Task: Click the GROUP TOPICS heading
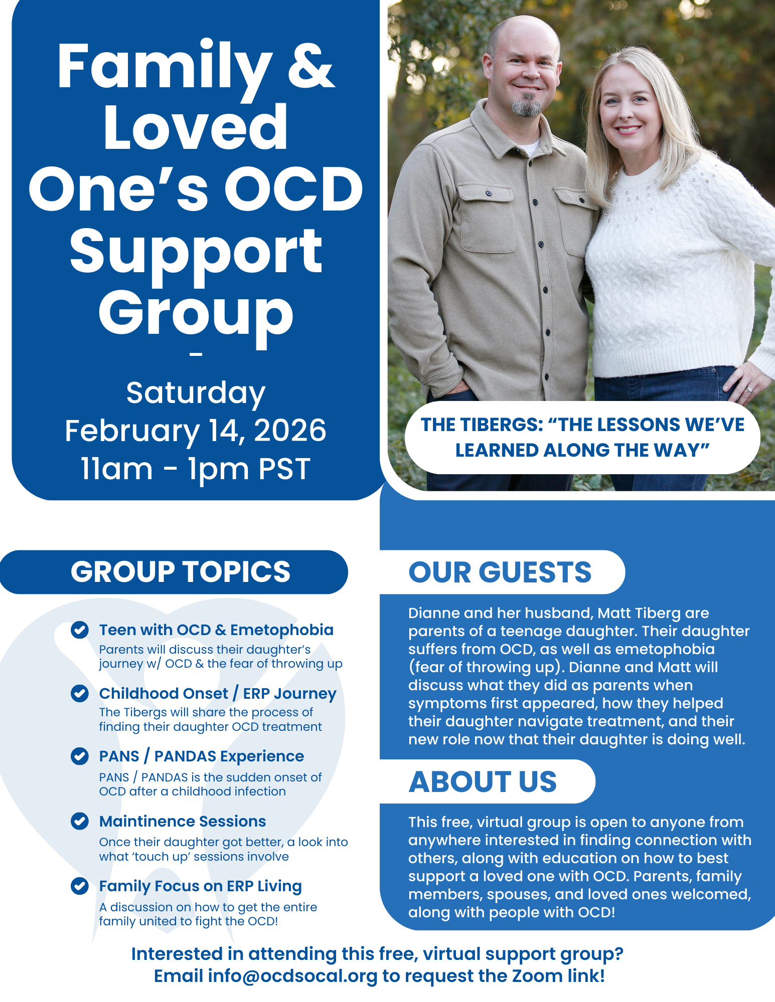pos(181,571)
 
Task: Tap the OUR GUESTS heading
pos(500,572)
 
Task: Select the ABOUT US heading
pos(483,781)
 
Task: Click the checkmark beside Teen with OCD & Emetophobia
pos(80,630)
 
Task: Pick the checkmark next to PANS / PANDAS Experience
pos(80,756)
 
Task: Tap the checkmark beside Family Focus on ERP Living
pos(80,886)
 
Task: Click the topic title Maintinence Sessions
pos(183,821)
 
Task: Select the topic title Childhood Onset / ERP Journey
pos(218,693)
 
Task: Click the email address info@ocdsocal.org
pos(292,976)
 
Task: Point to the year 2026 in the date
pos(290,430)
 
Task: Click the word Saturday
pos(196,393)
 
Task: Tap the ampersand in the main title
pos(311,66)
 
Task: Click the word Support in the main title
pos(196,253)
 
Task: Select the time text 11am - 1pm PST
pos(196,469)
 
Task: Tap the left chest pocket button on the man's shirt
pos(489,193)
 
